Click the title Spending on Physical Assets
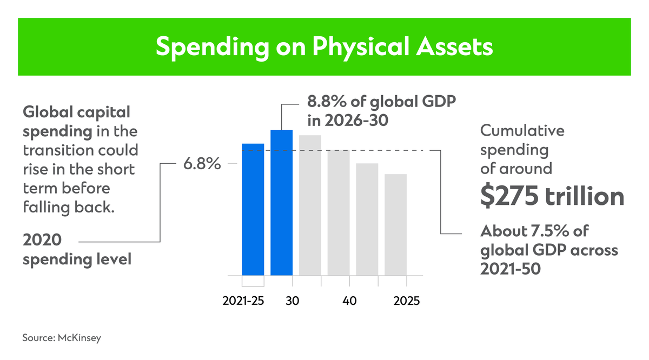[324, 47]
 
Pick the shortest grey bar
[395, 224]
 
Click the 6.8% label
[201, 164]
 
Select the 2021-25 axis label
[243, 301]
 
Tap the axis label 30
[293, 301]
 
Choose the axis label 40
[349, 301]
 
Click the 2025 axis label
[407, 301]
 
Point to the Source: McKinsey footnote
[62, 338]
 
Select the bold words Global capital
[76, 112]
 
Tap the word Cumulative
[522, 131]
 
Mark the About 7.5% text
[534, 231]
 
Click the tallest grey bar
[310, 205]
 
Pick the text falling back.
[69, 207]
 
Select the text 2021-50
[510, 269]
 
